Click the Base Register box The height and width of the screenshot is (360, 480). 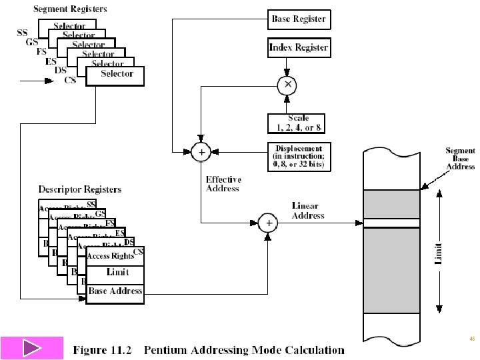pyautogui.click(x=298, y=19)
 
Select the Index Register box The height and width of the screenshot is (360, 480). pyautogui.click(x=298, y=48)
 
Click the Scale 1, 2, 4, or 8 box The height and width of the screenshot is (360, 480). pyautogui.click(x=298, y=123)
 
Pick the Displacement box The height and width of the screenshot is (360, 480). pyautogui.click(x=298, y=157)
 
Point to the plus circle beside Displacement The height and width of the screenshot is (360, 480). pyautogui.click(x=201, y=152)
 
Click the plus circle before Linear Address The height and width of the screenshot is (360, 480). pyautogui.click(x=268, y=223)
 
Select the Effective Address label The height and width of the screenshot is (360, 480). pyautogui.click(x=223, y=184)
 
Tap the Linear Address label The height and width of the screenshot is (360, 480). pyautogui.click(x=307, y=211)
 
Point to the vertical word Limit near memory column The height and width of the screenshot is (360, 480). pyautogui.click(x=439, y=251)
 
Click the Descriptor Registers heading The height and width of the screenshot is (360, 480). pyautogui.click(x=80, y=190)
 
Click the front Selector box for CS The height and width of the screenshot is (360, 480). pyautogui.click(x=117, y=74)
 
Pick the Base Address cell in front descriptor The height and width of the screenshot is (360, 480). pyautogui.click(x=115, y=291)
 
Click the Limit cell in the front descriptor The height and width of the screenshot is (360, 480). pyautogui.click(x=117, y=272)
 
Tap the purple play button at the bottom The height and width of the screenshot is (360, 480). pyautogui.click(x=31, y=349)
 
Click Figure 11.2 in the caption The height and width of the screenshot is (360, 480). pyautogui.click(x=103, y=349)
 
